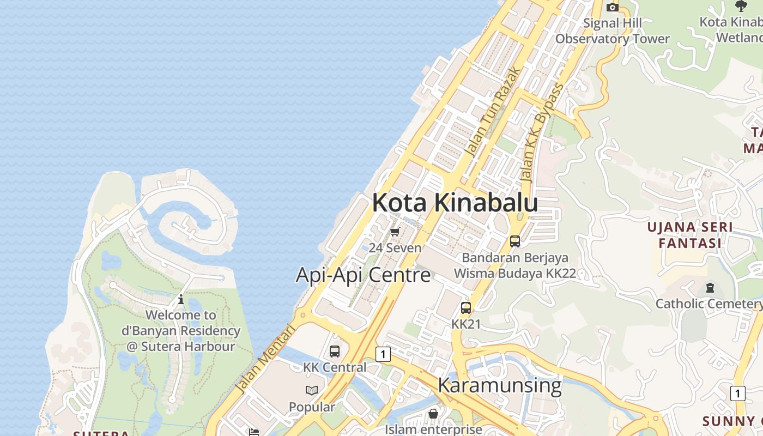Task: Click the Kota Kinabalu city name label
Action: pyautogui.click(x=455, y=203)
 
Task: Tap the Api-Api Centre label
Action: pyautogui.click(x=363, y=275)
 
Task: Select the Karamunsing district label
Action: pyautogui.click(x=499, y=385)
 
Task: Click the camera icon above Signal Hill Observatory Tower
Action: pyautogui.click(x=613, y=7)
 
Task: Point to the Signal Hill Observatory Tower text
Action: pyautogui.click(x=613, y=31)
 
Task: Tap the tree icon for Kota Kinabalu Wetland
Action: pyautogui.click(x=741, y=6)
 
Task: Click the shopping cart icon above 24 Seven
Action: pyautogui.click(x=395, y=232)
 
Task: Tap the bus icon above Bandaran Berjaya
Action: pyautogui.click(x=515, y=241)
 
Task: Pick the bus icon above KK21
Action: pyautogui.click(x=466, y=308)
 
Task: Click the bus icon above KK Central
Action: pyautogui.click(x=335, y=352)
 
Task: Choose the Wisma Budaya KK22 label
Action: pyautogui.click(x=515, y=273)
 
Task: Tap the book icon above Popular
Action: pyautogui.click(x=312, y=390)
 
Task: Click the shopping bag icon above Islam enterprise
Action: pyautogui.click(x=433, y=414)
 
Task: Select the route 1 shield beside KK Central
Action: pyautogui.click(x=383, y=354)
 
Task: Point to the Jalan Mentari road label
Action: pyautogui.click(x=265, y=359)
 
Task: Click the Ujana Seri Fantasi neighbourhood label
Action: pyautogui.click(x=689, y=235)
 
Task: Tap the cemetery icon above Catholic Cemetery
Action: pyautogui.click(x=710, y=287)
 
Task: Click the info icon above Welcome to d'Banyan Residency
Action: pyautogui.click(x=181, y=300)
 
